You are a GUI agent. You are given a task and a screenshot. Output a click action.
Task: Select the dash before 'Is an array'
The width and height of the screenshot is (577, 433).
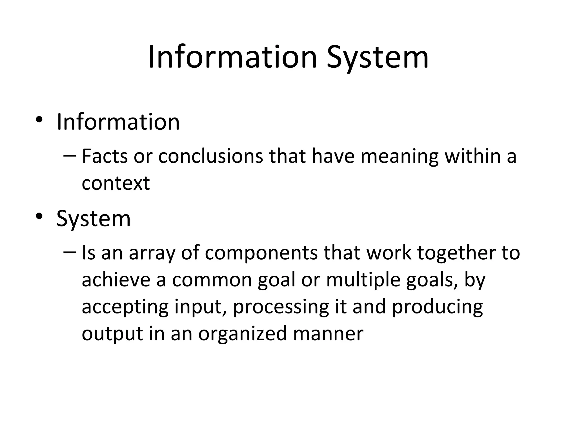pyautogui.click(x=70, y=251)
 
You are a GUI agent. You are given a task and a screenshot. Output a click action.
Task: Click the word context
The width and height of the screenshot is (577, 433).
pyautogui.click(x=116, y=183)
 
